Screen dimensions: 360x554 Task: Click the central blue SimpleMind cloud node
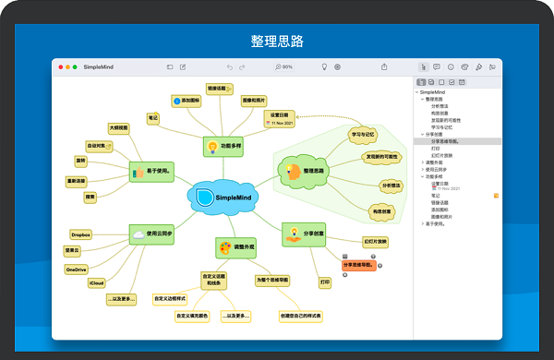(x=214, y=197)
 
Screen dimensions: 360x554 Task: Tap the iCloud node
(x=96, y=282)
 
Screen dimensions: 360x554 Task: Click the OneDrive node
(x=78, y=269)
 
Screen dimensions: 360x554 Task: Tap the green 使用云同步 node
(x=153, y=234)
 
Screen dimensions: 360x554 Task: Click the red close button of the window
(x=61, y=67)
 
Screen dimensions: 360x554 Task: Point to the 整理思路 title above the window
(x=277, y=42)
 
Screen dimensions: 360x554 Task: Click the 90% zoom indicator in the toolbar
(x=283, y=67)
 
